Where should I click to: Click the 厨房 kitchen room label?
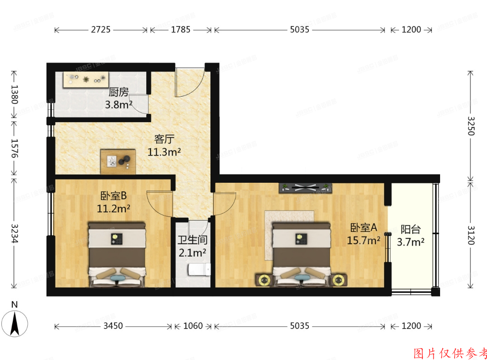(x=119, y=93)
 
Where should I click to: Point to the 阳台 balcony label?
(x=410, y=230)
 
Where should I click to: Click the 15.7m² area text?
(x=364, y=240)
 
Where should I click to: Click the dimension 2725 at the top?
(x=101, y=30)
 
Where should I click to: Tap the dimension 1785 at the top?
(x=181, y=30)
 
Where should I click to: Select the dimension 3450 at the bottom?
(x=113, y=326)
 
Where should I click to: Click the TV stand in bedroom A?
(x=305, y=187)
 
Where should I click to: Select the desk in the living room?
(x=119, y=161)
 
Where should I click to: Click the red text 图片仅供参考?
(x=450, y=352)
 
